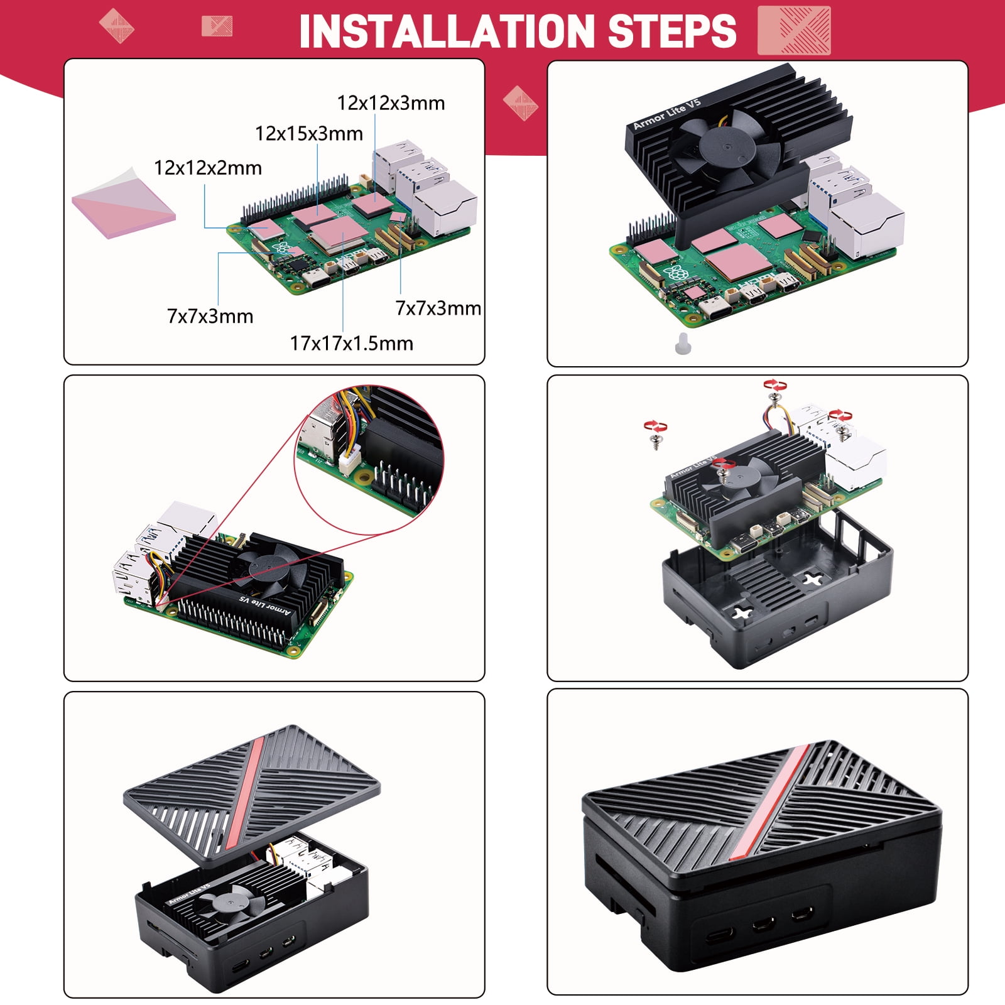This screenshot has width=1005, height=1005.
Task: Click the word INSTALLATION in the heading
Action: pos(447,31)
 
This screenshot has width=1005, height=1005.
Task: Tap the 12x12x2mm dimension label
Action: pos(208,168)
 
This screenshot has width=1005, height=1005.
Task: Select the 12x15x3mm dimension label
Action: pos(309,134)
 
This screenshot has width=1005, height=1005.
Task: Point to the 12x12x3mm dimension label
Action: pos(391,103)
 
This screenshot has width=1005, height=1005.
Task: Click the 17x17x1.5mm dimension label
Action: pos(352,344)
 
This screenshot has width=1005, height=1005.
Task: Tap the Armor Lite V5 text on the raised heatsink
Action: pos(666,113)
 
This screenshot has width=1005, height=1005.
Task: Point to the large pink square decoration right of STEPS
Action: pos(794,30)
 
